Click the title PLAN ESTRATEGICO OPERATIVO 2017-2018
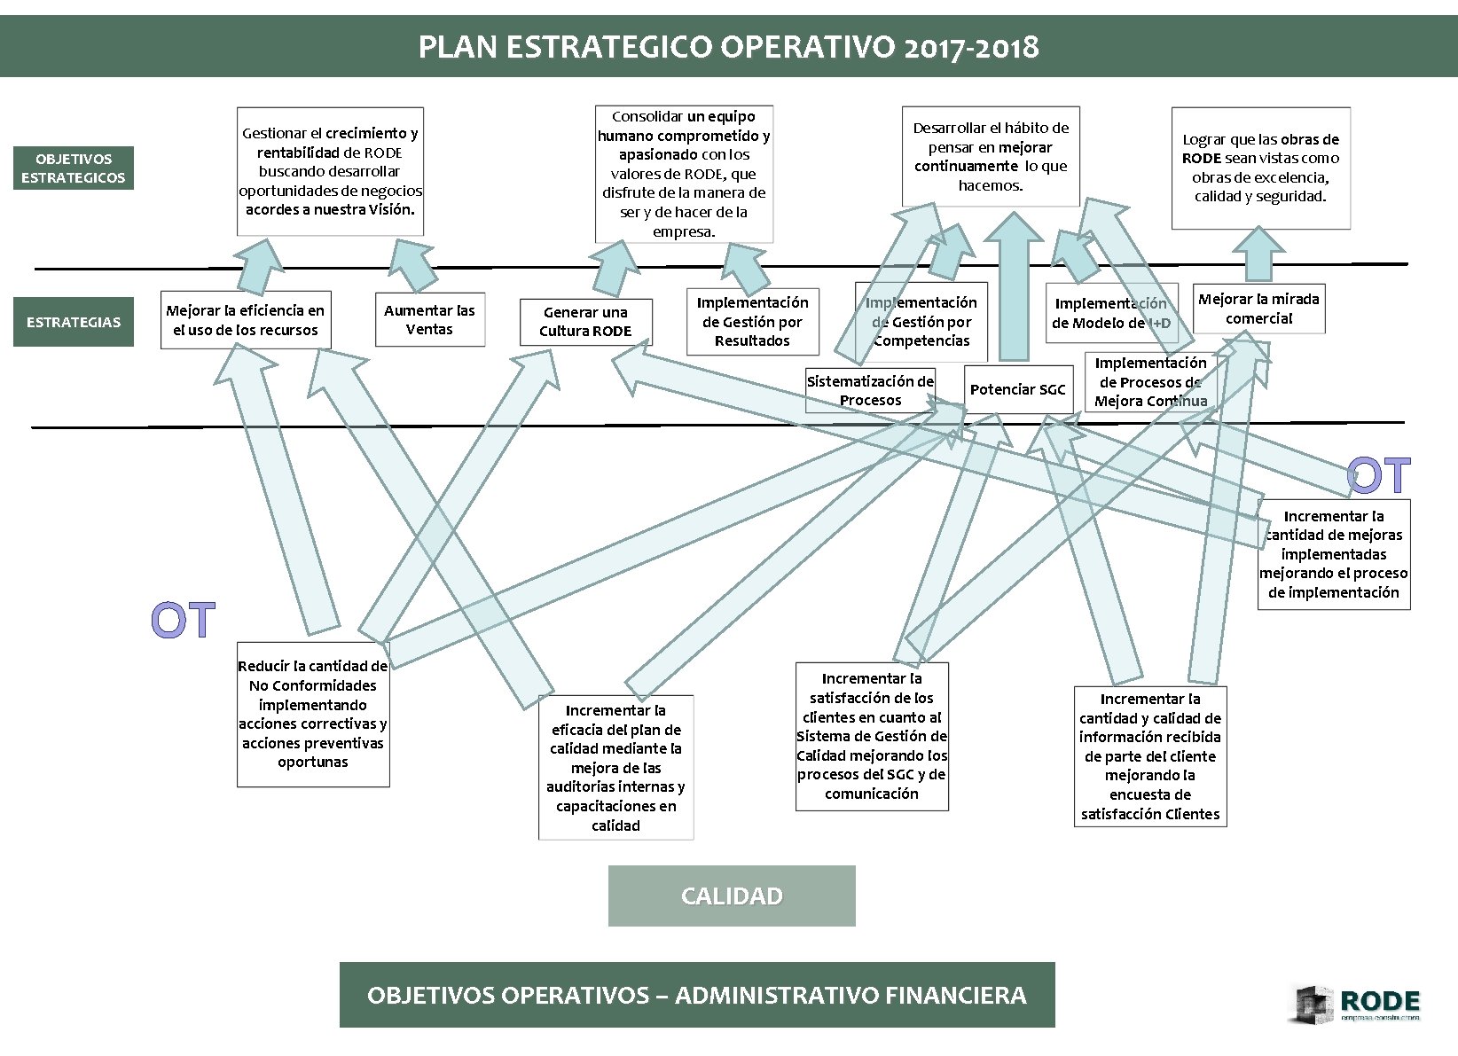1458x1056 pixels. (728, 47)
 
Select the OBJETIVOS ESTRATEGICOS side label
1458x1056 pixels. (74, 168)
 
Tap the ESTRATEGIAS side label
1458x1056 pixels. (74, 322)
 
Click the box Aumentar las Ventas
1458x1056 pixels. (429, 320)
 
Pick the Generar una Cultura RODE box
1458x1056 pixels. (585, 322)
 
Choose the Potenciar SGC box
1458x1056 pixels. (1017, 389)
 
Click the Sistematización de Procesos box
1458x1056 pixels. (870, 391)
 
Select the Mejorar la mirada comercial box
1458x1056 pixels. (1258, 309)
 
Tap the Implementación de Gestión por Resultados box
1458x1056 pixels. (752, 322)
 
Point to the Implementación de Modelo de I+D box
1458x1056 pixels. (1111, 313)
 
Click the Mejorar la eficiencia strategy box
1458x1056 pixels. (246, 320)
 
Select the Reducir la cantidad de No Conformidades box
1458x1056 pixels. (313, 714)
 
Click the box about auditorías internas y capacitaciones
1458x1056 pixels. (615, 767)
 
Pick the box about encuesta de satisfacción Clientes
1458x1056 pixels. (1150, 756)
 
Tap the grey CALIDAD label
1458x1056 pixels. (732, 896)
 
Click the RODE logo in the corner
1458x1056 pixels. (1358, 1005)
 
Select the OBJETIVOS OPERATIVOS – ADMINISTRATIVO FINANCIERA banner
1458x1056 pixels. (697, 995)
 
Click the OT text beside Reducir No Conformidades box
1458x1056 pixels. (184, 621)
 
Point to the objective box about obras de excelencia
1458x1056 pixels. (1260, 168)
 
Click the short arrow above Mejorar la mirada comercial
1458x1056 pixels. (1258, 255)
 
